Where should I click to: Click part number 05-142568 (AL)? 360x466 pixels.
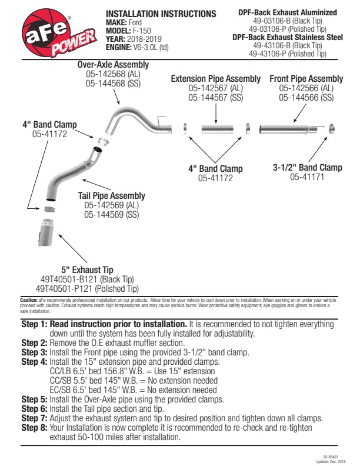(113, 74)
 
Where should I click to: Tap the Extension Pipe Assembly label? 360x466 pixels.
(215, 79)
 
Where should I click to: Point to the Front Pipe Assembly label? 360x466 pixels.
(306, 79)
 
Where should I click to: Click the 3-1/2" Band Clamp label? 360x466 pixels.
(307, 168)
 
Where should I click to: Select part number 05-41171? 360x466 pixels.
(307, 177)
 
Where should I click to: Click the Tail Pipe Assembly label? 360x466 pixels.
(111, 196)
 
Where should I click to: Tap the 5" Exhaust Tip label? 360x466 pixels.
(88, 270)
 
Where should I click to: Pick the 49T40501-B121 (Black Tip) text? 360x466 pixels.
(88, 279)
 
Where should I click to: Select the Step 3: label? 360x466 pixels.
(35, 353)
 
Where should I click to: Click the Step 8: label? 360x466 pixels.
(35, 428)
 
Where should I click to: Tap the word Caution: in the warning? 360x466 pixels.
(29, 299)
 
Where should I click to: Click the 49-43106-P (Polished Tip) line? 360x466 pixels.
(288, 54)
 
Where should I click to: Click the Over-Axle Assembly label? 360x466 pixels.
(113, 65)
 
